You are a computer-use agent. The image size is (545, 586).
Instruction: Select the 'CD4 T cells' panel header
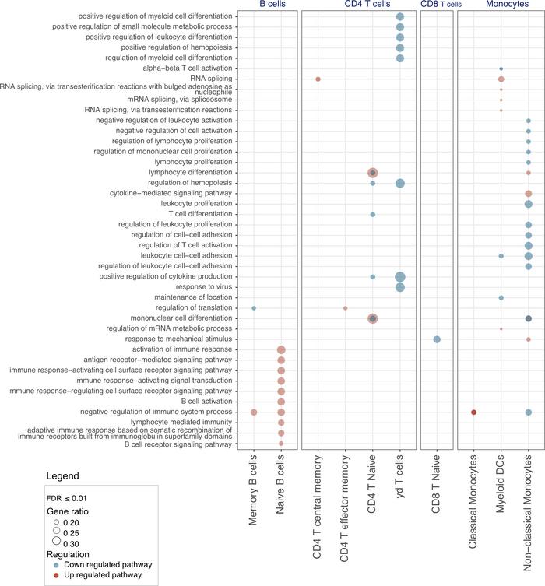[358, 5]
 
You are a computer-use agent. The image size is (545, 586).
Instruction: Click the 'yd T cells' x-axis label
[399, 482]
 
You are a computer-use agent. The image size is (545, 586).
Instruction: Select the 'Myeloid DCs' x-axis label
[501, 487]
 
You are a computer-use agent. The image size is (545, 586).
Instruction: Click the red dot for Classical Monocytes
[473, 412]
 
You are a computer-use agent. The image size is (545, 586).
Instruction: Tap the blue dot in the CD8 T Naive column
[437, 339]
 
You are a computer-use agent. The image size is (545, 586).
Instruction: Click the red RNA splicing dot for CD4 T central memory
[318, 79]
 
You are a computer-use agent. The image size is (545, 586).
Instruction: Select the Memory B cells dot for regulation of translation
[254, 308]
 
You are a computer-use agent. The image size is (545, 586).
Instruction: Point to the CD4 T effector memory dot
[345, 308]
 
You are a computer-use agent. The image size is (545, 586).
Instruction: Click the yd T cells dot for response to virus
[399, 287]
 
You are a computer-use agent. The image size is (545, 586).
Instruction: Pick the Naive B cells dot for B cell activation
[281, 402]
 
